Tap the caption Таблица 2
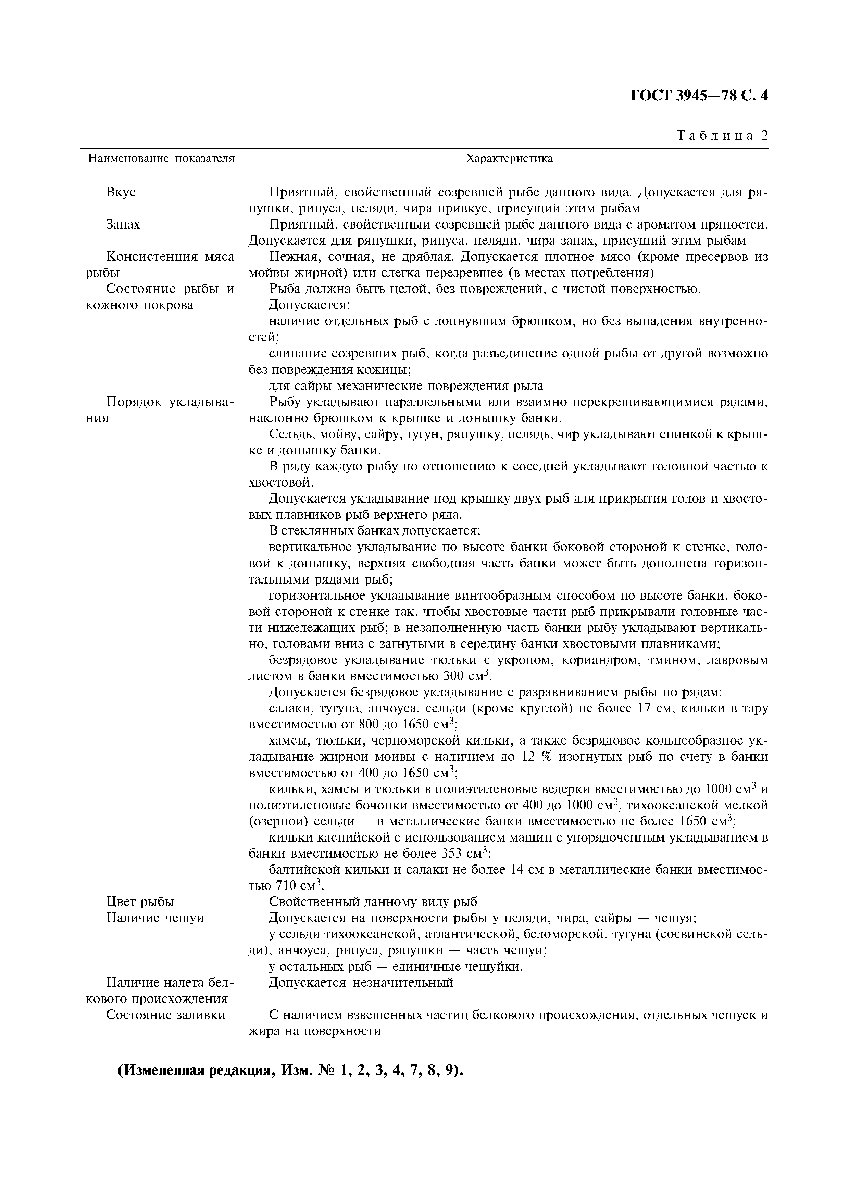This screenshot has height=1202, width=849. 722,136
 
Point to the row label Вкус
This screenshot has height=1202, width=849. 121,192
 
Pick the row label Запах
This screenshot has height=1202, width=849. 123,224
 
